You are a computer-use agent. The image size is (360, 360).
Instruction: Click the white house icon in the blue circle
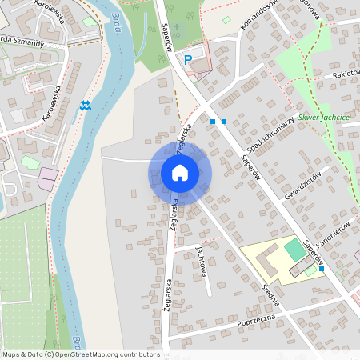(180, 172)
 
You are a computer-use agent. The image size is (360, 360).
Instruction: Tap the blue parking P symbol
(189, 58)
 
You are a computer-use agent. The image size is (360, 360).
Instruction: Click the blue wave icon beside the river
(86, 105)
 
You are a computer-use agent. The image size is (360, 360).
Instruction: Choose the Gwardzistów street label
(302, 186)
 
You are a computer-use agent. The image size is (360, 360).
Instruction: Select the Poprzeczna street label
(256, 323)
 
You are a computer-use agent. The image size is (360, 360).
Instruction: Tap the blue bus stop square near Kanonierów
(321, 269)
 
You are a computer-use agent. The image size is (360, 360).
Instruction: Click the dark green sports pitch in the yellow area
(294, 250)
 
